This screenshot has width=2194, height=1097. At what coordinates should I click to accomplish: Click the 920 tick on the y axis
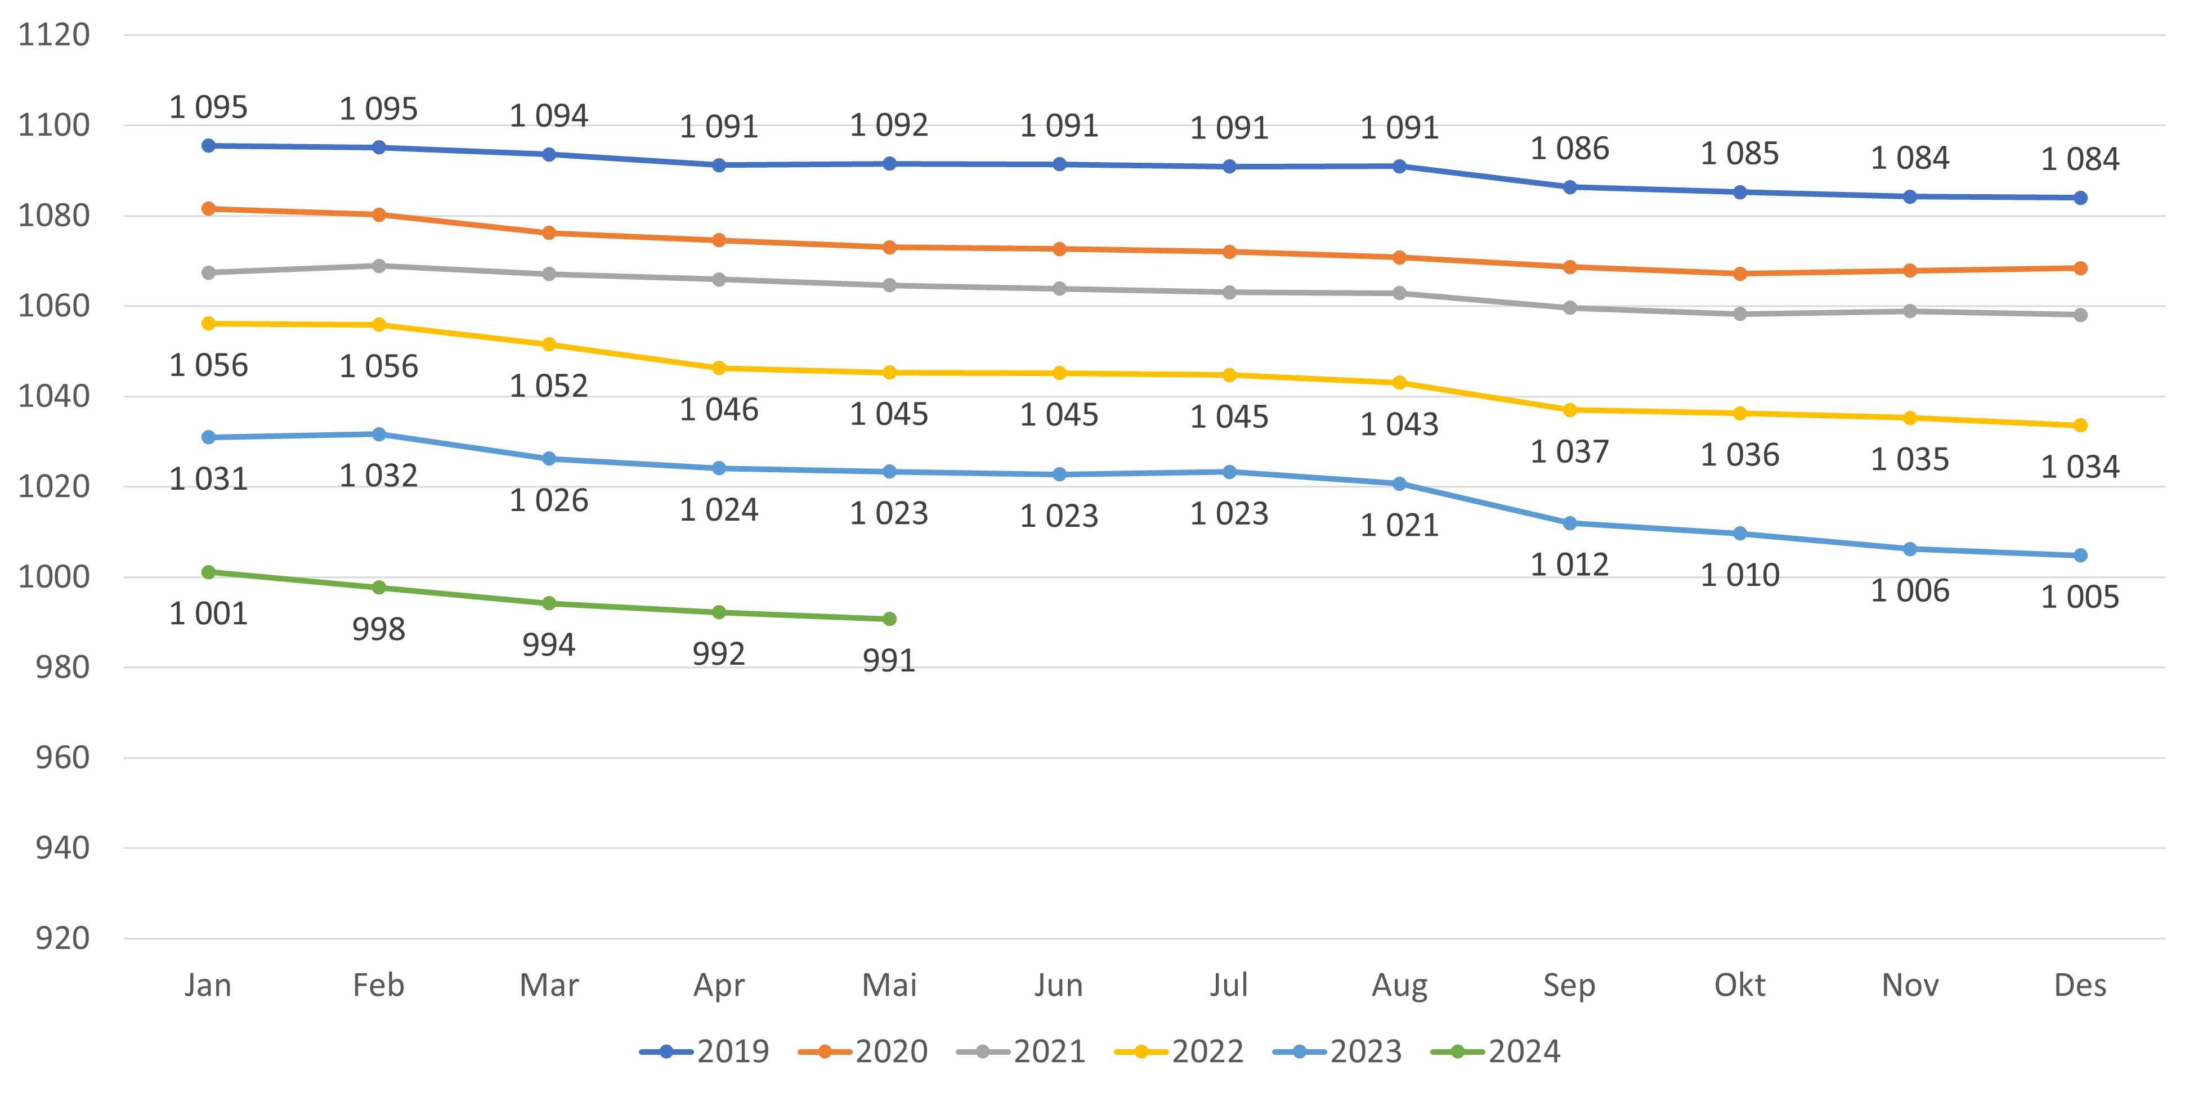[x=62, y=939]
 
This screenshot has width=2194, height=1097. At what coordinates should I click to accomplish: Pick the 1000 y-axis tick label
[x=53, y=577]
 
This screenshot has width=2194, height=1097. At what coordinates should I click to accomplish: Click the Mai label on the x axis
[x=889, y=986]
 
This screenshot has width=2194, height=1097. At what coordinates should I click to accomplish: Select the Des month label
[x=2080, y=986]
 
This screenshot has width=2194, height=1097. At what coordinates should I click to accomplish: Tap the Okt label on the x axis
[x=1739, y=986]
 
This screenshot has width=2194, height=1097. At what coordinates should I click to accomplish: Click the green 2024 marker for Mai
[x=889, y=619]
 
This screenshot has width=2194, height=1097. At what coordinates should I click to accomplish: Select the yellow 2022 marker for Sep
[x=1570, y=410]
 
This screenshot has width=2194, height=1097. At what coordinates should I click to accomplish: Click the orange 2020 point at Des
[x=2080, y=268]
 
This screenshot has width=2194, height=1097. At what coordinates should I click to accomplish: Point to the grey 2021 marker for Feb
[x=379, y=267]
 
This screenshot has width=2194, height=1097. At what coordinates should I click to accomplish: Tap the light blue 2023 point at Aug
[x=1399, y=483]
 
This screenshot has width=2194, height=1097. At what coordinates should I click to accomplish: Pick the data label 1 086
[x=1570, y=149]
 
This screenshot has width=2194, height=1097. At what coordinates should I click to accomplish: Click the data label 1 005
[x=2080, y=597]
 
